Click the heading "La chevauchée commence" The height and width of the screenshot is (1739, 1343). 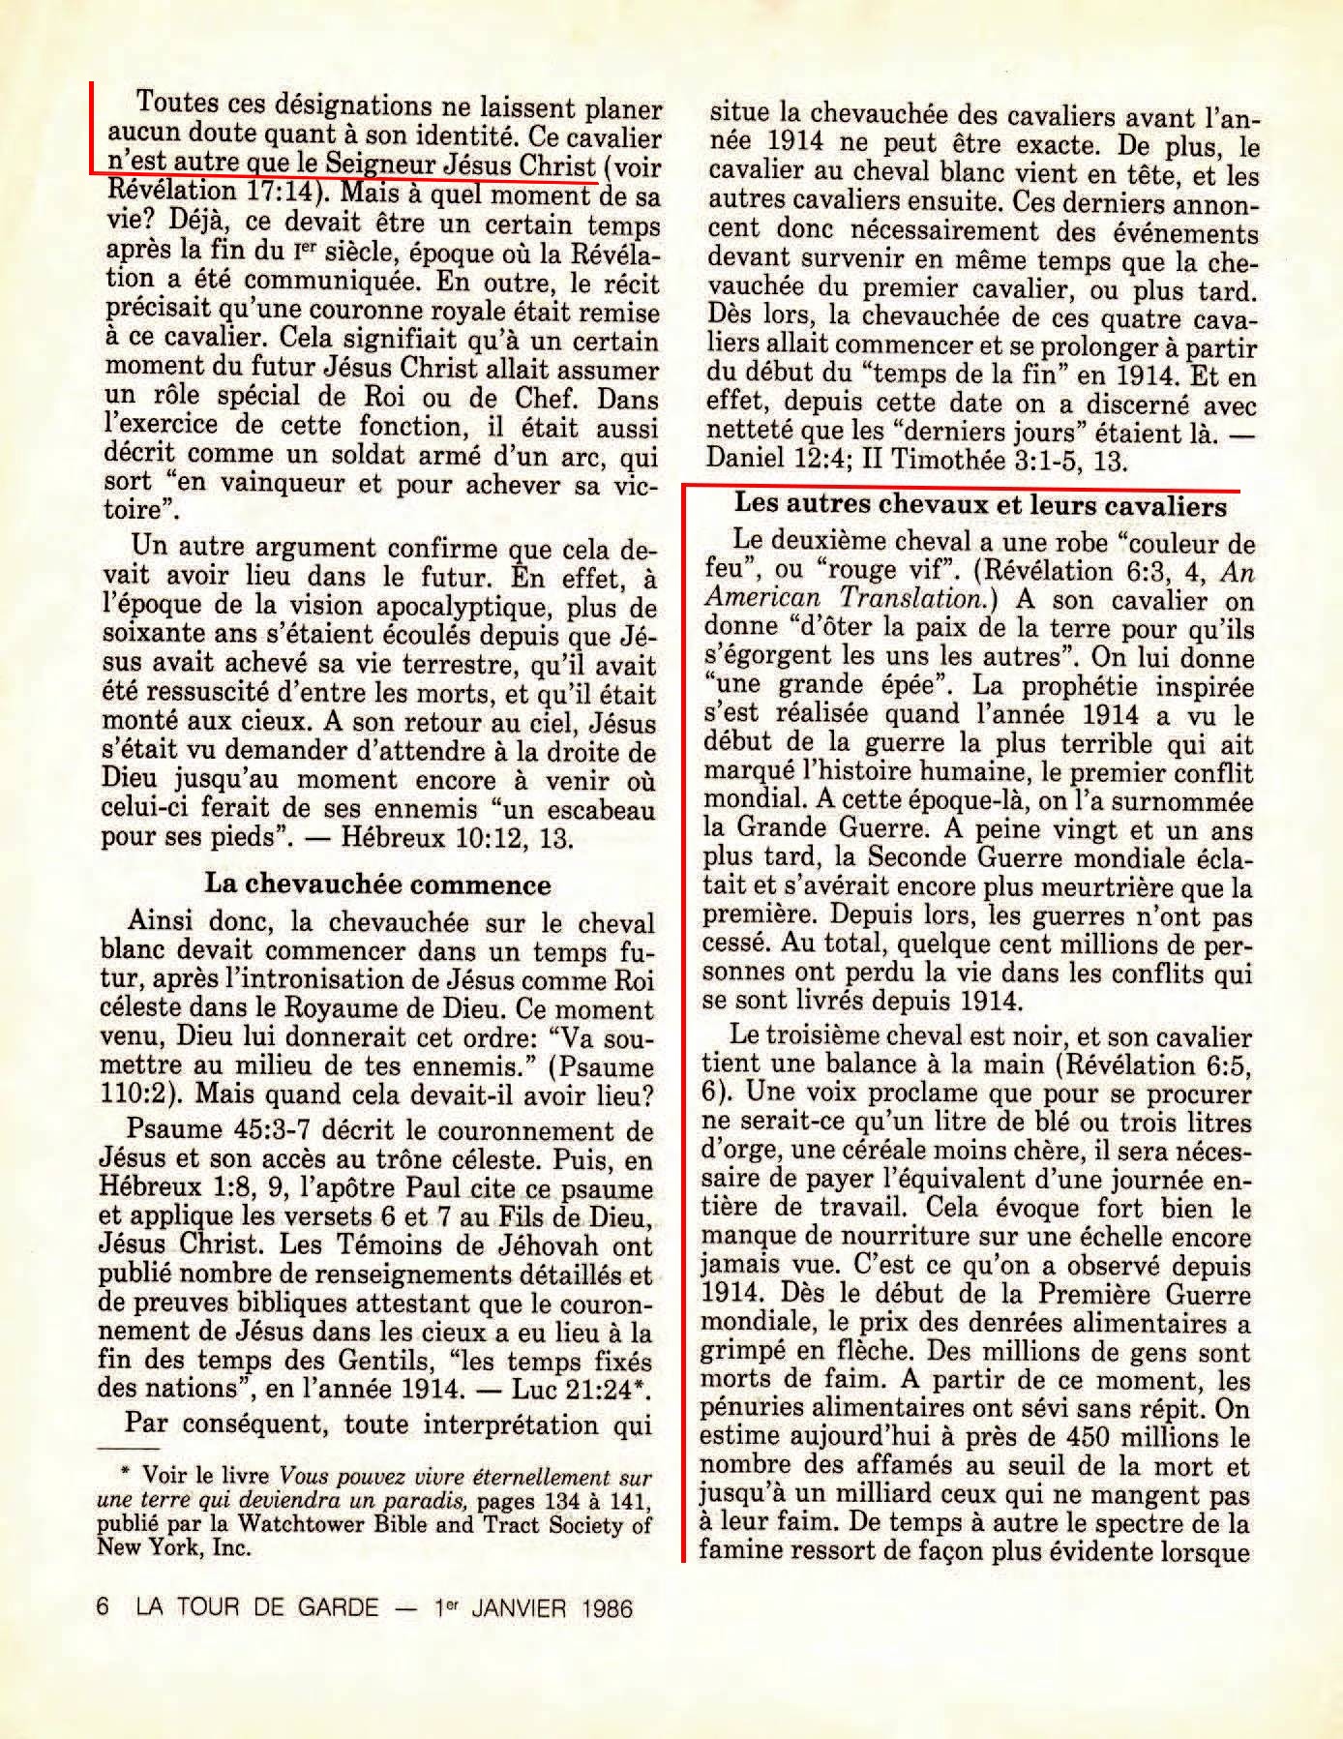[x=377, y=884]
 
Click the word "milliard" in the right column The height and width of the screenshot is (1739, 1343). [x=872, y=1495]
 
